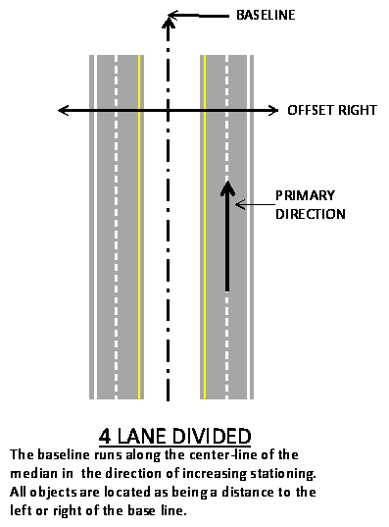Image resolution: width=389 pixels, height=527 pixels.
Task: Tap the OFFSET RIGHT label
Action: click(x=331, y=110)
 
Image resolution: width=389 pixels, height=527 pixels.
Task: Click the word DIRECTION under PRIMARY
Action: click(x=310, y=212)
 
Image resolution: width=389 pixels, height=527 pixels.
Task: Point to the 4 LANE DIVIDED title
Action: click(x=175, y=435)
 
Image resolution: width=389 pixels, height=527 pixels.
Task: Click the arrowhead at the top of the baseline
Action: click(x=171, y=16)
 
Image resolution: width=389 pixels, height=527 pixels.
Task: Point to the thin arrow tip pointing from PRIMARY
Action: click(x=236, y=204)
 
